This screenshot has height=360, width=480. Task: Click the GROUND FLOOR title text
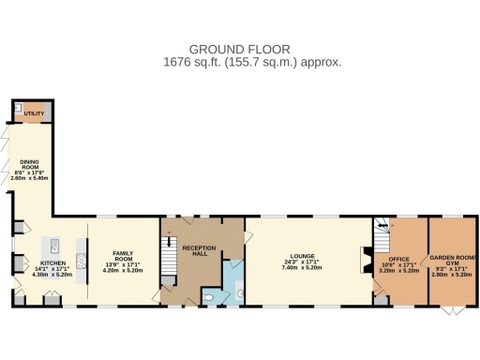pyautogui.click(x=239, y=49)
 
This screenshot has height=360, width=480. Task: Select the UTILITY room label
pyautogui.click(x=33, y=113)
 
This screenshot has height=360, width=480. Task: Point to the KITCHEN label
pyautogui.click(x=52, y=263)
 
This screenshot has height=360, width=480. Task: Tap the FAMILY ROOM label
pyautogui.click(x=125, y=254)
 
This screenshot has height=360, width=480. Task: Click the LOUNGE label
pyautogui.click(x=302, y=255)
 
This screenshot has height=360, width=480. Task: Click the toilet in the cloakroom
pyautogui.click(x=209, y=298)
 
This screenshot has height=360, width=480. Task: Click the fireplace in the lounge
pyautogui.click(x=366, y=261)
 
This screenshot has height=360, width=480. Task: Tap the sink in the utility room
pyautogui.click(x=19, y=110)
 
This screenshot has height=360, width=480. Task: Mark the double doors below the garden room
pyautogui.click(x=453, y=310)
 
